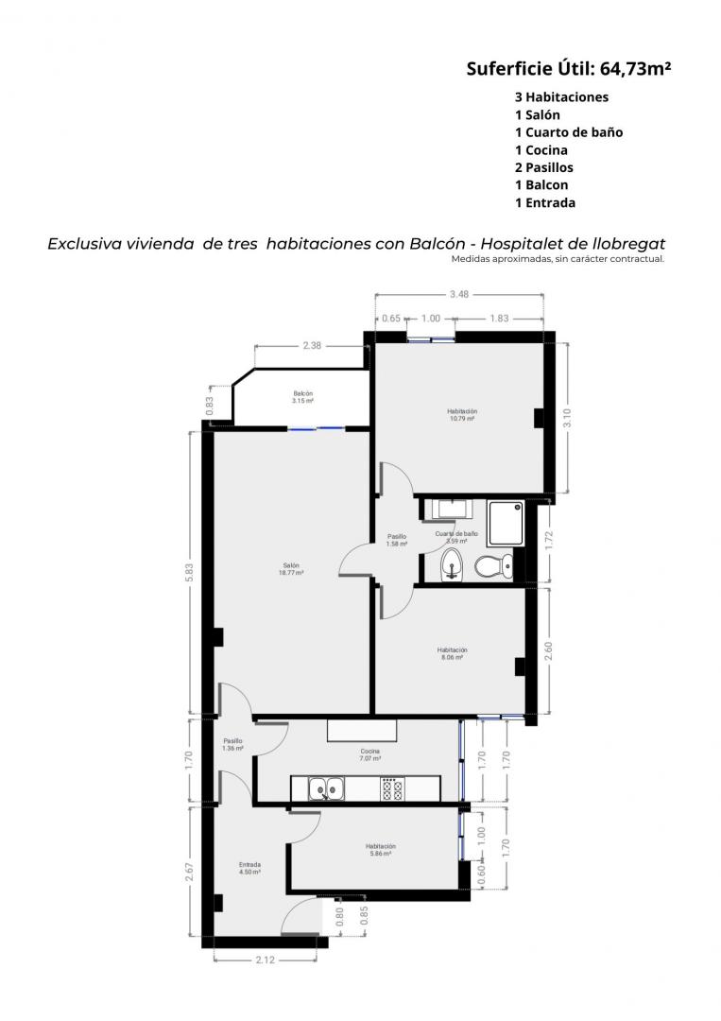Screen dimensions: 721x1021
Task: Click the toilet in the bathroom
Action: tap(493, 566)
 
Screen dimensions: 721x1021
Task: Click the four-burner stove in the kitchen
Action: tap(392, 788)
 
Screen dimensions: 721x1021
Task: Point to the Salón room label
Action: tap(291, 569)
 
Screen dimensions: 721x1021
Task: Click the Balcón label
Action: tap(302, 397)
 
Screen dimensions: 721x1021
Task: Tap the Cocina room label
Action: tap(370, 754)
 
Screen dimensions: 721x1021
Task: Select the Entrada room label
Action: tap(249, 868)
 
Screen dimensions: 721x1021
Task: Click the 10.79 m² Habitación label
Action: tap(462, 415)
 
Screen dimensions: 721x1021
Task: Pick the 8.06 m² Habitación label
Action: tap(453, 654)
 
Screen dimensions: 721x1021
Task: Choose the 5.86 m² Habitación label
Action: tap(381, 850)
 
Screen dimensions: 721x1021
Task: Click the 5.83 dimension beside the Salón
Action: tap(189, 572)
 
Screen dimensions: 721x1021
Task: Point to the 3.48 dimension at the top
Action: tap(458, 294)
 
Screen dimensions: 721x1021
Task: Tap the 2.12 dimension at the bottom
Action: tap(265, 960)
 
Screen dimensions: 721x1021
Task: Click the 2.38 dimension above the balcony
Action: tap(312, 346)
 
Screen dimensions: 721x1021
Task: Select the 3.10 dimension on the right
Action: tap(567, 418)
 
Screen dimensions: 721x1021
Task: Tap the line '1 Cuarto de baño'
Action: tap(569, 132)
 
